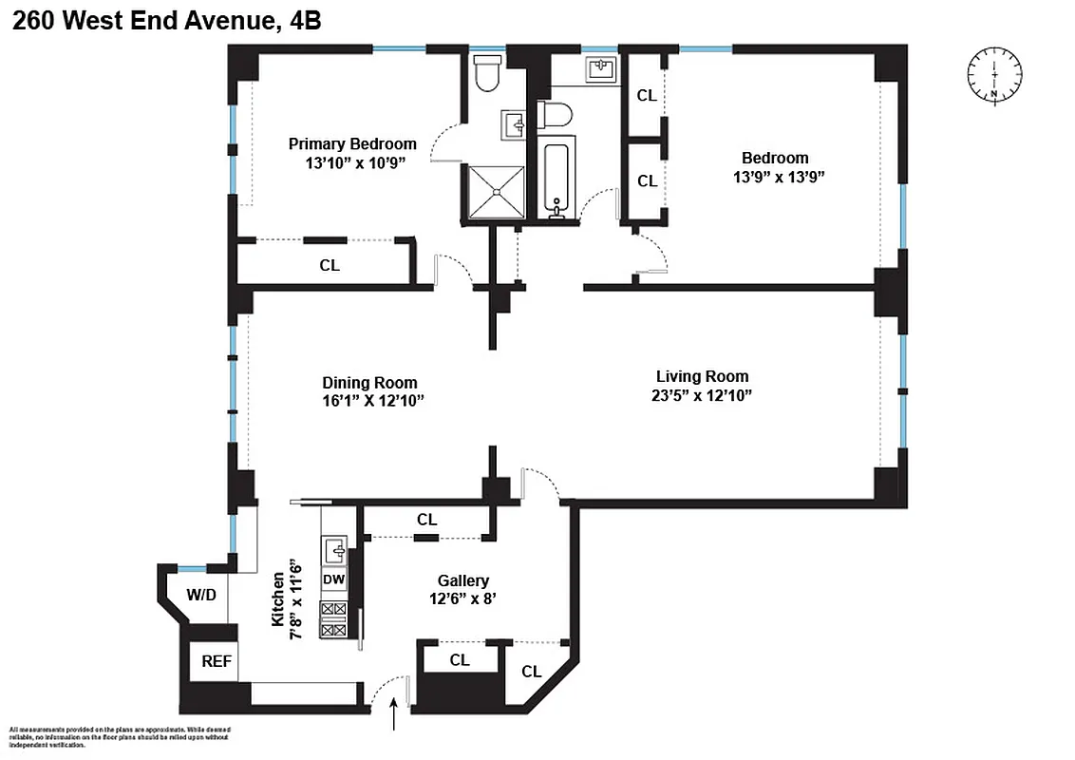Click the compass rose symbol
993,75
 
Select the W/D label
200,597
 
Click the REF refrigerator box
216,661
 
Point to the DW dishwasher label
333,579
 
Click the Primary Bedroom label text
352,144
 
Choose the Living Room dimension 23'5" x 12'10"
702,395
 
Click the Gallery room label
463,581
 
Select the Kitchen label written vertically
278,600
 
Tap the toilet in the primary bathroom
487,73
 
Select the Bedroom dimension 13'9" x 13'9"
776,177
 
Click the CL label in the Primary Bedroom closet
330,266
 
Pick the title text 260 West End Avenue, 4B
166,21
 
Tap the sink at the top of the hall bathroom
599,68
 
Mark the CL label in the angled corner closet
531,672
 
